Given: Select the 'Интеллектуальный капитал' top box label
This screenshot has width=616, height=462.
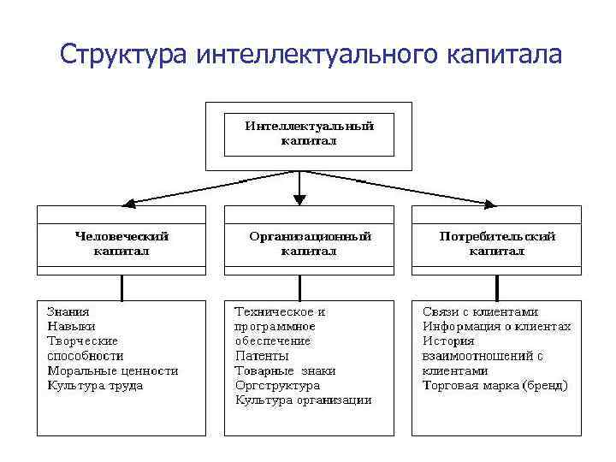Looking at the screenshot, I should click(309, 133).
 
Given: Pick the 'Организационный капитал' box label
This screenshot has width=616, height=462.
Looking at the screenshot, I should click(309, 243).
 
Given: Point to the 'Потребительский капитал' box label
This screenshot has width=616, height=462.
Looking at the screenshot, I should click(497, 243).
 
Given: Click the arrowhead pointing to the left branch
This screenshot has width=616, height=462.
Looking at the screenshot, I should click(129, 204).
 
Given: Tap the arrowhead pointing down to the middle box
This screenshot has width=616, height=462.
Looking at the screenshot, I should click(299, 198).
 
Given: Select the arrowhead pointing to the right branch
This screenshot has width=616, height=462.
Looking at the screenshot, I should click(490, 204).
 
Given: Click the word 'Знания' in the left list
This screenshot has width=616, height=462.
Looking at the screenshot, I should click(68, 312).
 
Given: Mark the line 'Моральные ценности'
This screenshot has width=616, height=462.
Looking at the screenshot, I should click(112, 370).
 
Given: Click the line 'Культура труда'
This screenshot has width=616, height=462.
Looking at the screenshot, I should click(95, 385).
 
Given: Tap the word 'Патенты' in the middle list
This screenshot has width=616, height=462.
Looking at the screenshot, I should click(262, 356).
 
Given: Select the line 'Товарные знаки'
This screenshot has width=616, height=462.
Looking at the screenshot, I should click(285, 370).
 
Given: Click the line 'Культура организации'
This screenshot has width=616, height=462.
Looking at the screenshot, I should click(304, 400).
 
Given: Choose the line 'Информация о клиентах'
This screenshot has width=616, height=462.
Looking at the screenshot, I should click(496, 327).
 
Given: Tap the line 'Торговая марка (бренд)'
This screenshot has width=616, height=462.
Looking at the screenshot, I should click(495, 385).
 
